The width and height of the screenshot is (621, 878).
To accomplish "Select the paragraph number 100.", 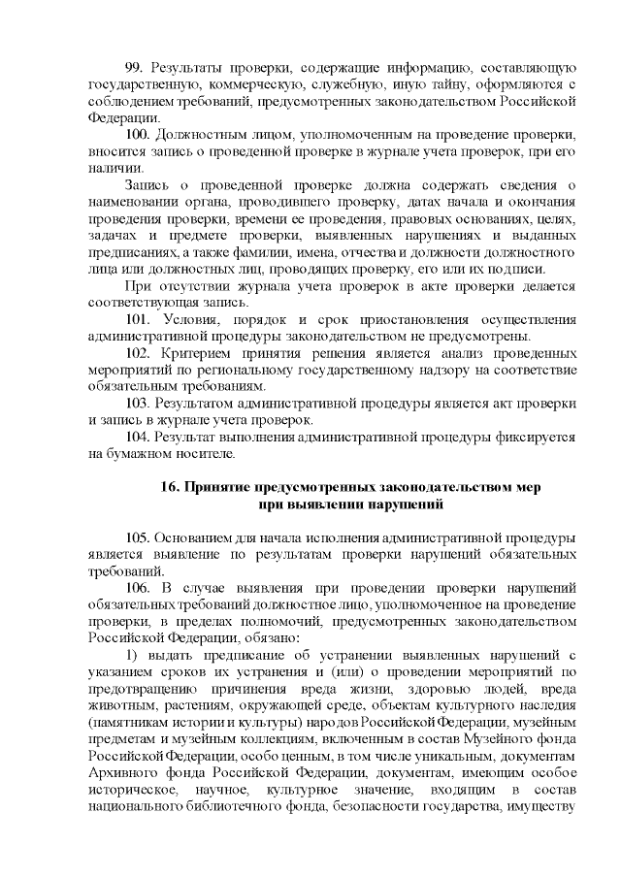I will (139, 133).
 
